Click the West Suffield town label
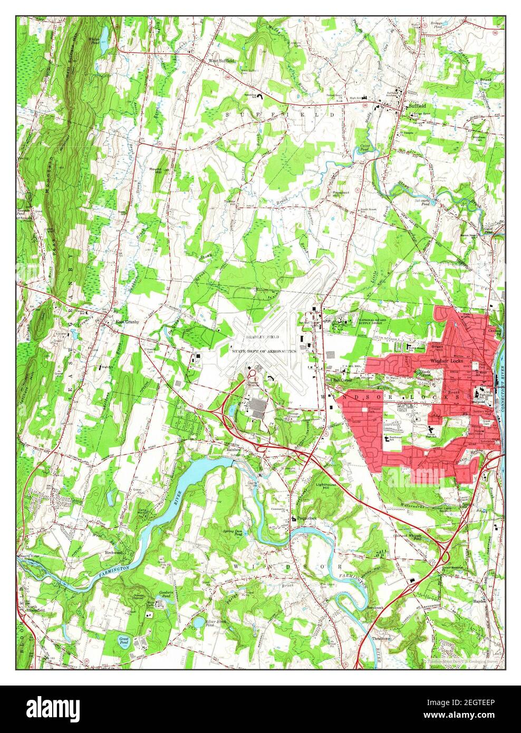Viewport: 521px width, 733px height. pos(221,61)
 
